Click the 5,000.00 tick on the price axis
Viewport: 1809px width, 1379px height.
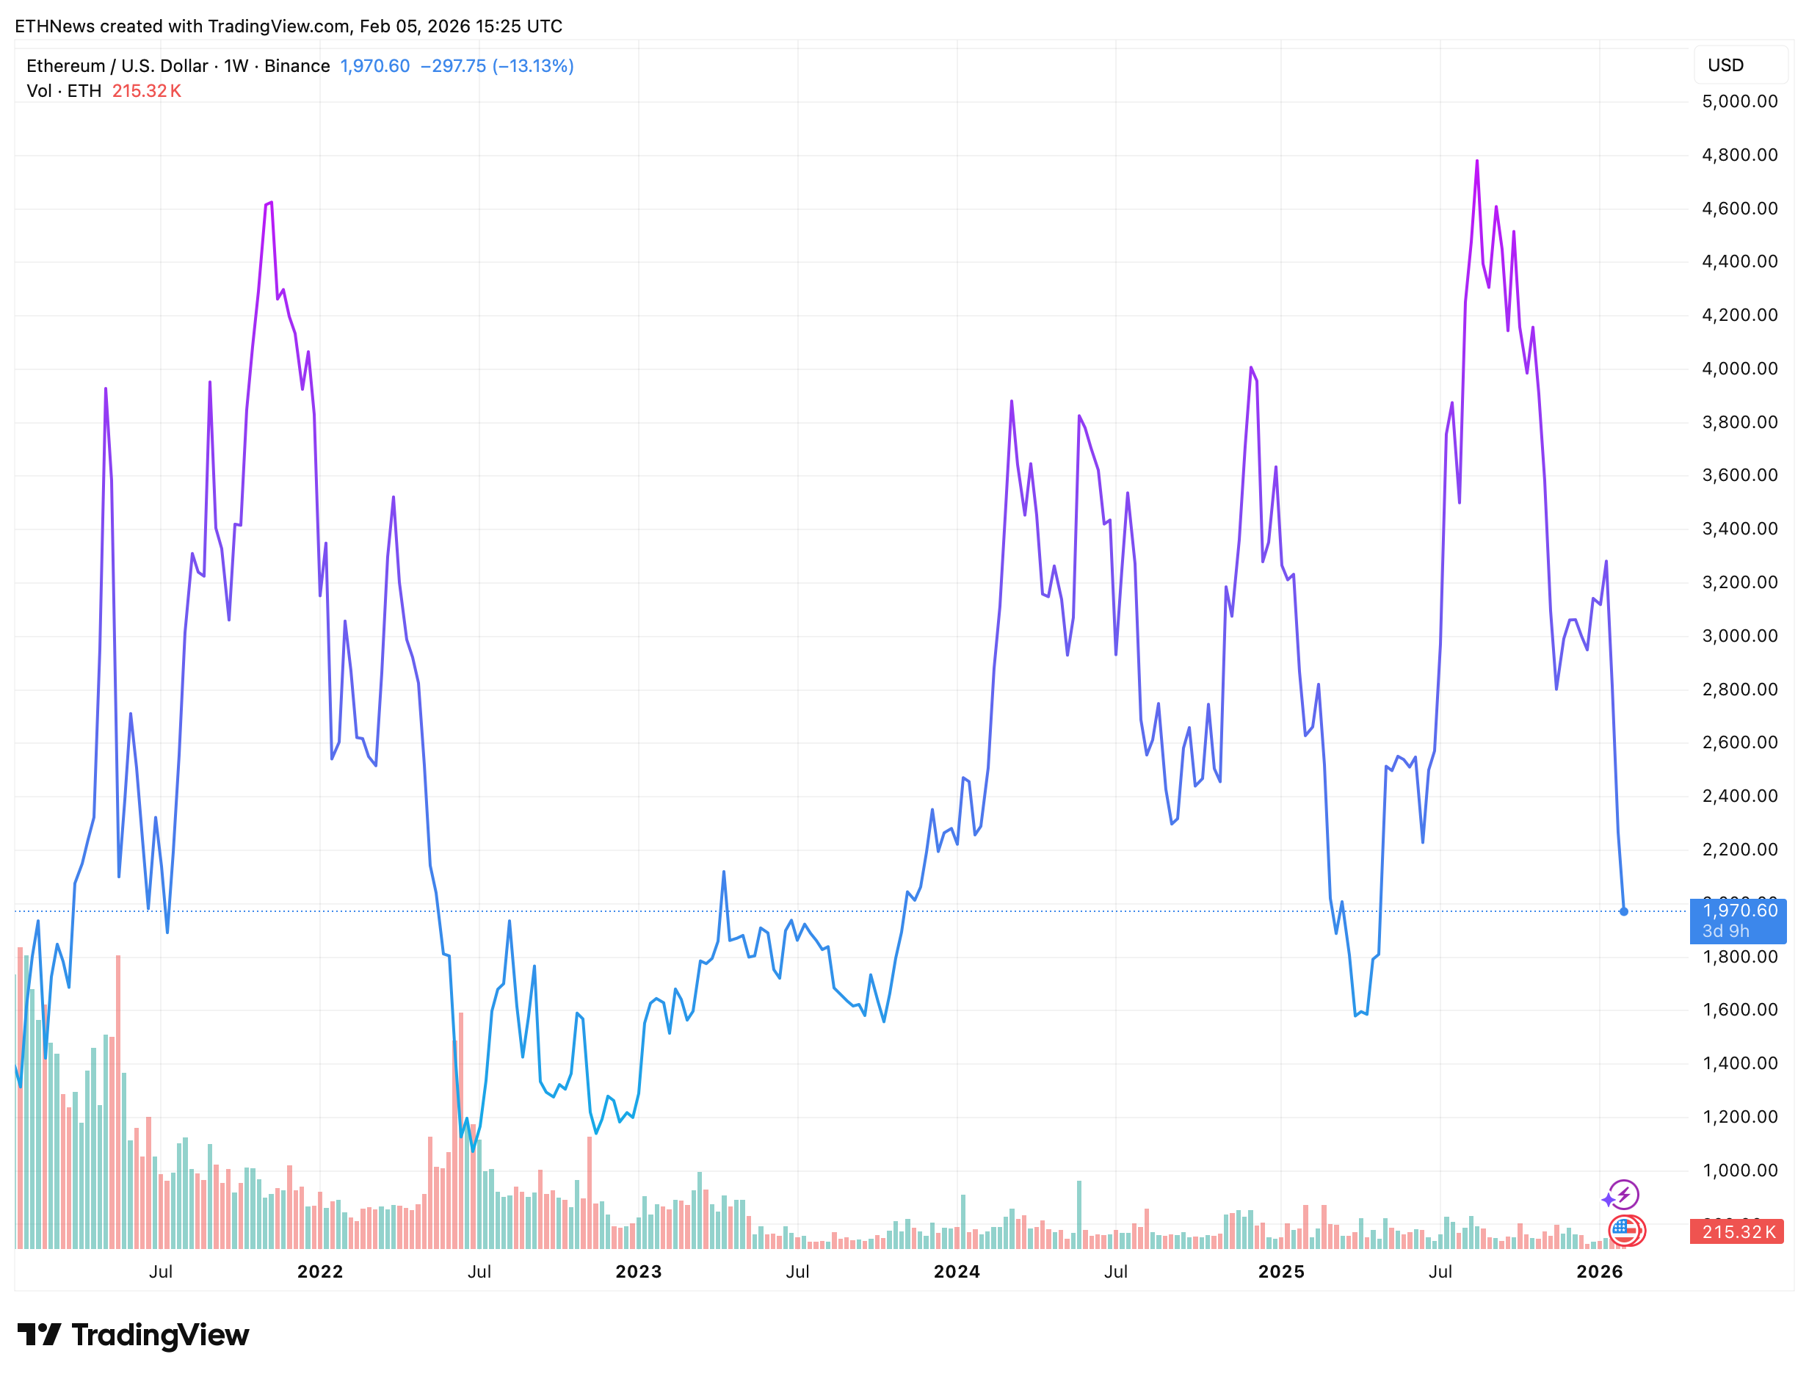click(1739, 102)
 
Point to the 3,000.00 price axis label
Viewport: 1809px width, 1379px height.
click(1739, 636)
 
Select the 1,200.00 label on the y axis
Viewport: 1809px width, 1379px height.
click(1739, 1117)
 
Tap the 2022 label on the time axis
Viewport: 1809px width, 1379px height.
click(319, 1272)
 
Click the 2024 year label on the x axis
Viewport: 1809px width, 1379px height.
click(956, 1272)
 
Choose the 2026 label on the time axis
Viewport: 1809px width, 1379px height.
click(1599, 1272)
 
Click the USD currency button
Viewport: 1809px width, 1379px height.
click(1725, 65)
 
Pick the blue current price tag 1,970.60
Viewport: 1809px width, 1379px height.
click(1739, 911)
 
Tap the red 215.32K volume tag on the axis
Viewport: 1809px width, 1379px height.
click(1737, 1232)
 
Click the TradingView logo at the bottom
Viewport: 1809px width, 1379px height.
click(133, 1336)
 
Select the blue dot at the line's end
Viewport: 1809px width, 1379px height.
click(1623, 912)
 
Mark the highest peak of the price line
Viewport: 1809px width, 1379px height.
click(1476, 161)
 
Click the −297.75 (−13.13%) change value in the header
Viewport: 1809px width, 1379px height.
click(496, 65)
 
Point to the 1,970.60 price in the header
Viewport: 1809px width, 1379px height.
click(374, 65)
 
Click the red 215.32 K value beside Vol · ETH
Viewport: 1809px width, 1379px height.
click(146, 91)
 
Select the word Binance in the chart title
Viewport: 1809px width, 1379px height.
click(297, 65)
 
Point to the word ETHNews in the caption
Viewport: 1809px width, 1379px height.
click(54, 26)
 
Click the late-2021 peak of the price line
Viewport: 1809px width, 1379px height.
click(270, 203)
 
